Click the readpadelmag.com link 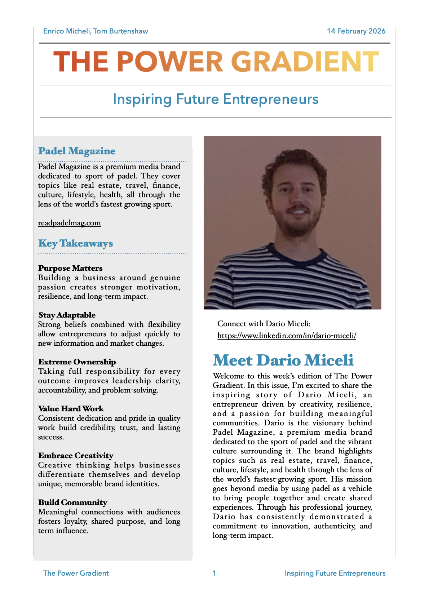point(69,223)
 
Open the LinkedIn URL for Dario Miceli point(287,336)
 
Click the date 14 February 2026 point(356,31)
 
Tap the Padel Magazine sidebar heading point(77,151)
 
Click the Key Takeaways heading point(75,243)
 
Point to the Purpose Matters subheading point(70,268)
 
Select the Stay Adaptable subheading point(67,315)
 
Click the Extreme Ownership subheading point(77,362)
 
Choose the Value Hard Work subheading point(71,409)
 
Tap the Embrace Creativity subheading point(76,456)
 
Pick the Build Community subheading point(72,502)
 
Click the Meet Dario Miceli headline point(283,360)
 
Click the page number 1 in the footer point(214,573)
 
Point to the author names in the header point(96,31)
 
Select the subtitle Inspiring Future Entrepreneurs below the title point(216,99)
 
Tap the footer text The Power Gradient point(76,573)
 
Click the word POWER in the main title point(170,62)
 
